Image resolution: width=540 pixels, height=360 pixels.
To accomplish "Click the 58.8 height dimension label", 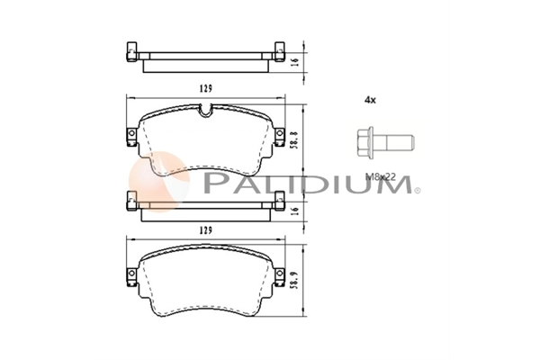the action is click(294, 139).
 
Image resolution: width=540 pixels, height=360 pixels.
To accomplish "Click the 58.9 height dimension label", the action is click(294, 279).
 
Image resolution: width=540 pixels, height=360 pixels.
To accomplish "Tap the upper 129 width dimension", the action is click(205, 88).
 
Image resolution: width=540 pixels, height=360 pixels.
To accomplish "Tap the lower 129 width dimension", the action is click(205, 230).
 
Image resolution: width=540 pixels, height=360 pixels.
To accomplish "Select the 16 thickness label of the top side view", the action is click(294, 62).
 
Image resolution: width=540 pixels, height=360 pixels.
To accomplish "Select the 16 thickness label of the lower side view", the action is click(294, 210).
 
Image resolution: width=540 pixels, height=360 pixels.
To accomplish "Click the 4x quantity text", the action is click(370, 100).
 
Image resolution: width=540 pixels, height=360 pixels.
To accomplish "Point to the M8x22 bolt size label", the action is click(381, 177).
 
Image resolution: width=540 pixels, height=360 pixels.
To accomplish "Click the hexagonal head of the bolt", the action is click(364, 142).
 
